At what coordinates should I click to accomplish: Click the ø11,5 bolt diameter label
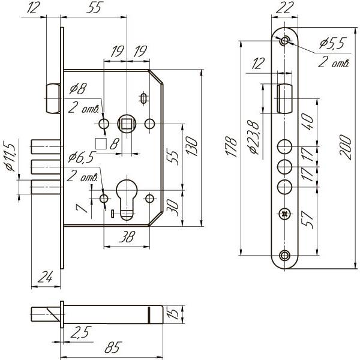pyautogui.click(x=8, y=157)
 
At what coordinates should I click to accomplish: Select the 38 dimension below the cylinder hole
pyautogui.click(x=127, y=237)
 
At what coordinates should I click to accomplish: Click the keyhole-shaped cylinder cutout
pyautogui.click(x=127, y=195)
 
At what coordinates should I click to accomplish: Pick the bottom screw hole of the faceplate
pyautogui.click(x=285, y=256)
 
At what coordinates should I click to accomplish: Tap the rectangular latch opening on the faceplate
pyautogui.click(x=284, y=98)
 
